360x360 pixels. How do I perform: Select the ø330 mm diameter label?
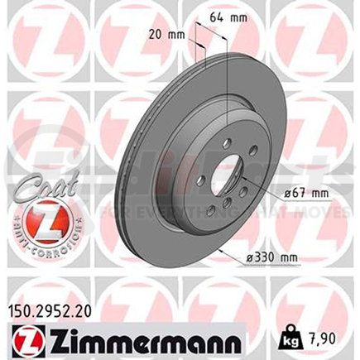point(296,255)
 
